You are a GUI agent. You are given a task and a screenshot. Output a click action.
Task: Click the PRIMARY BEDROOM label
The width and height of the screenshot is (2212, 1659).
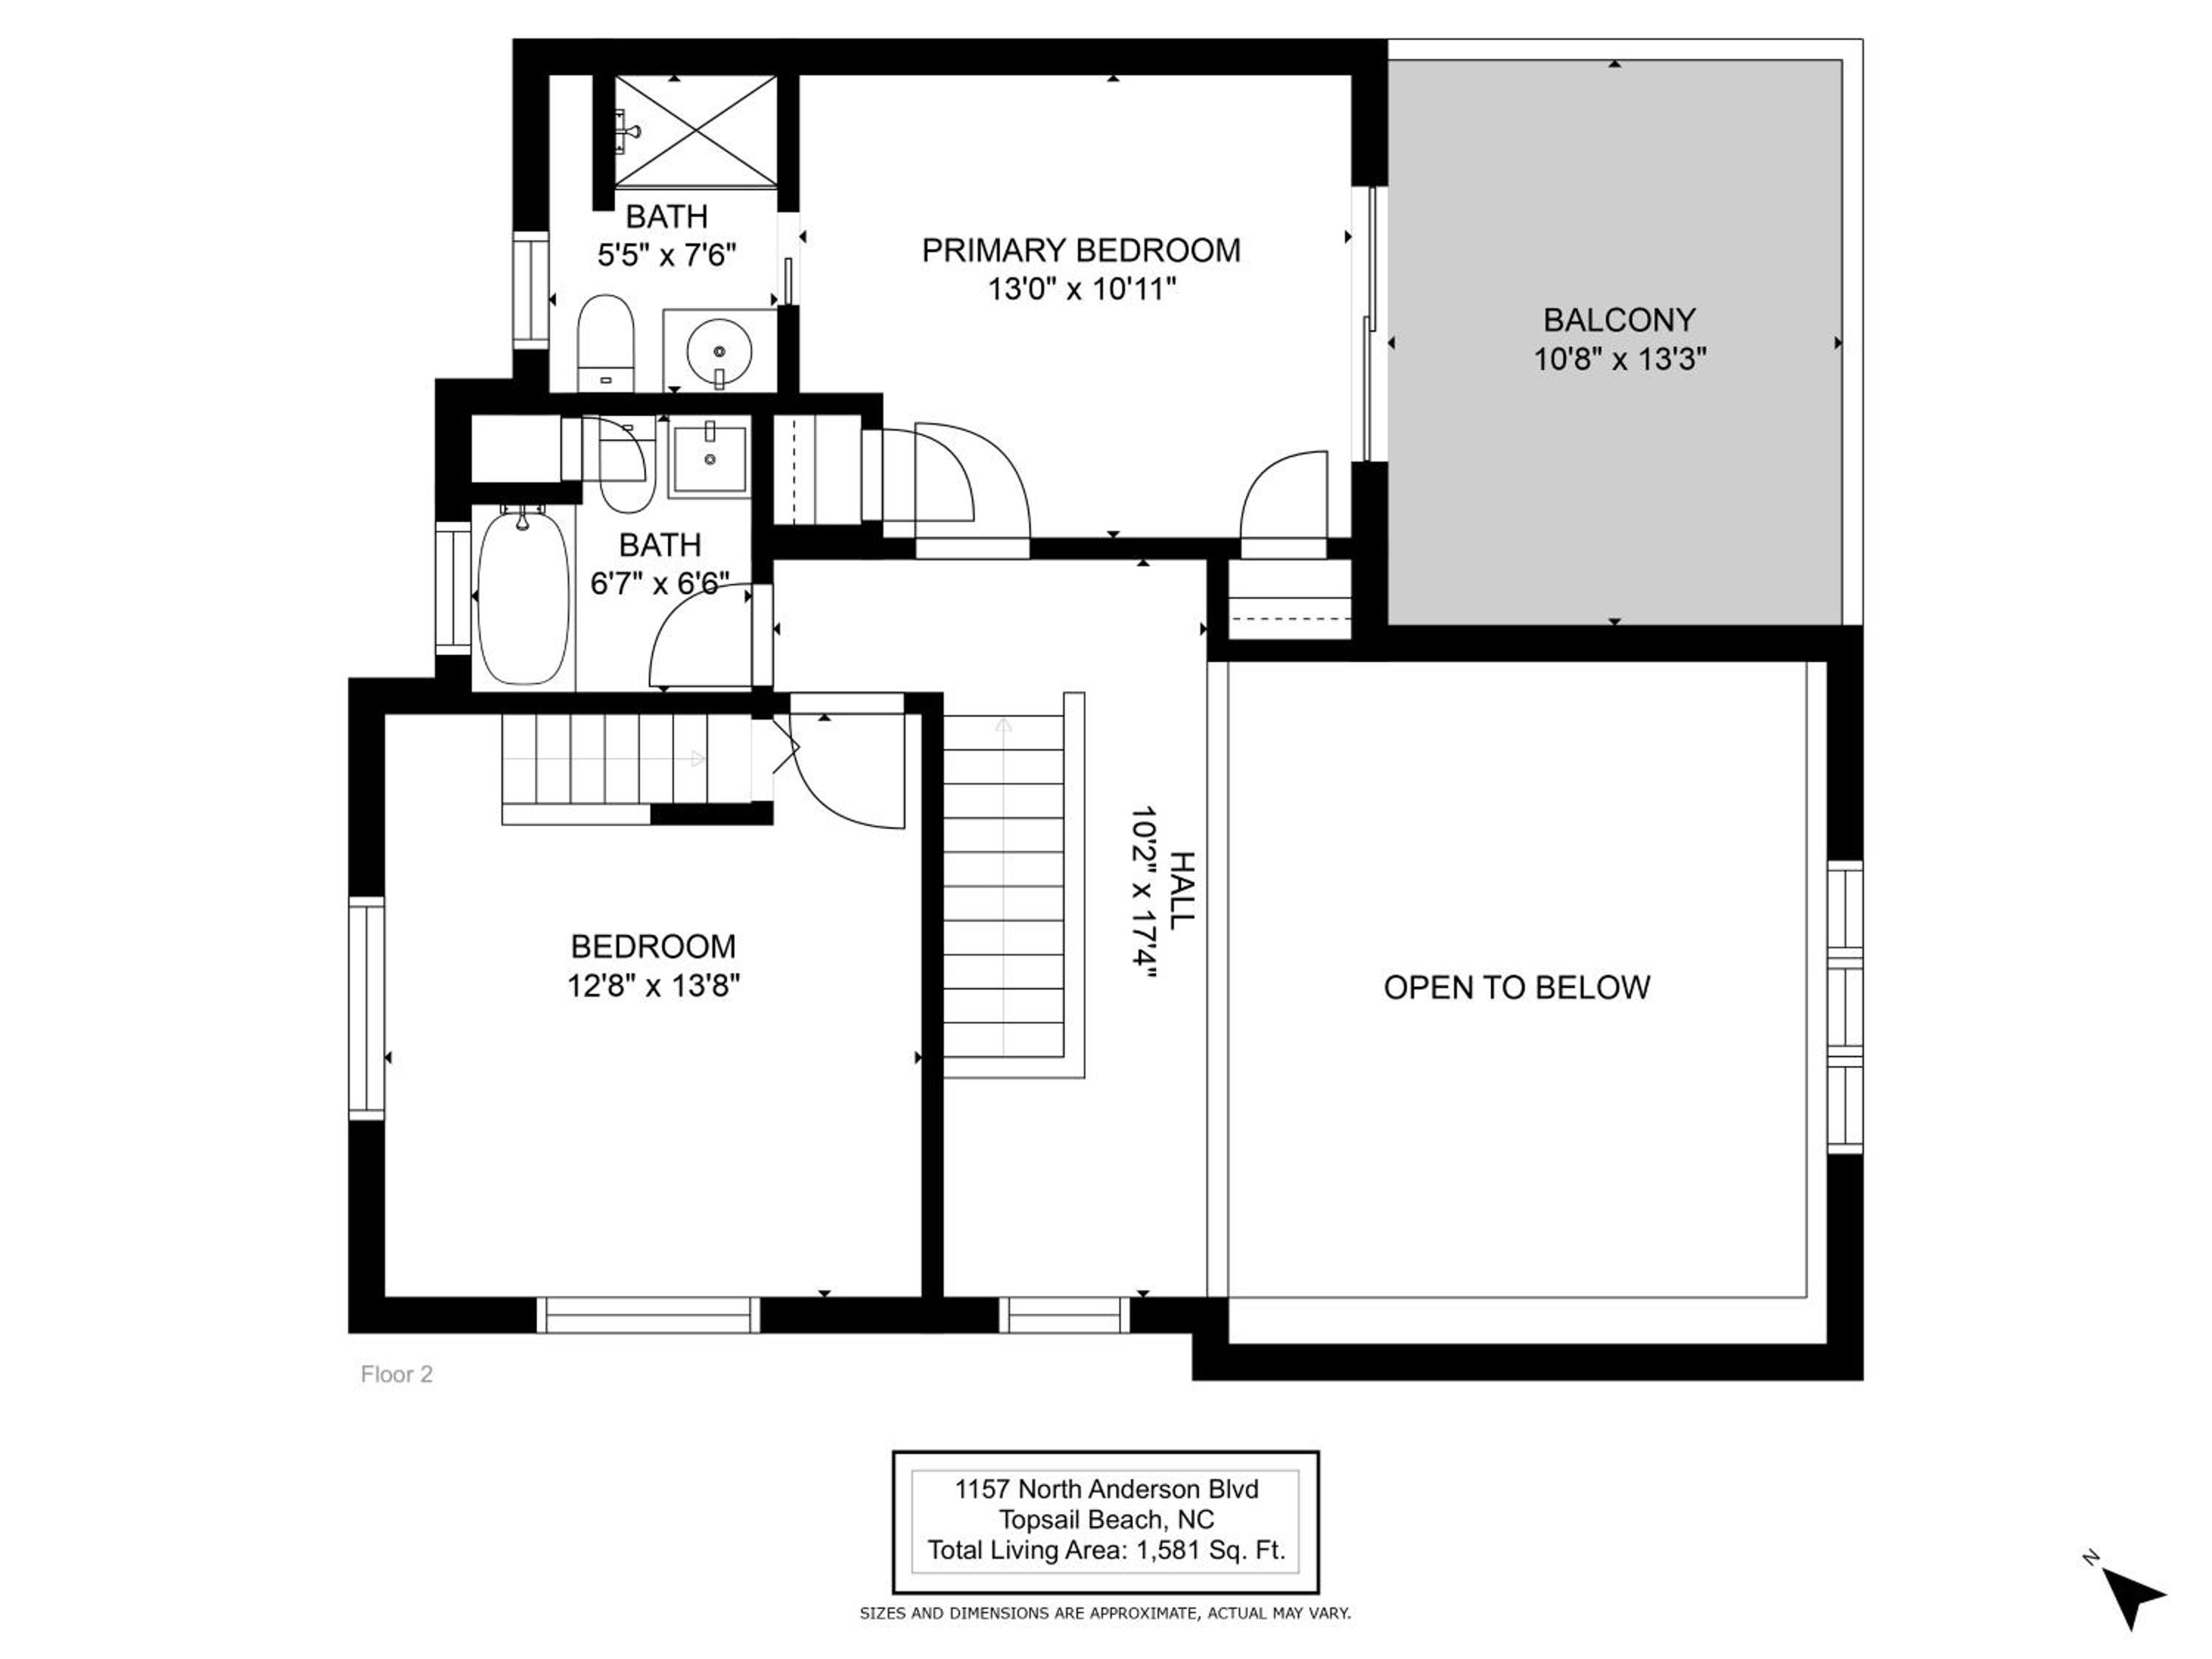1081,250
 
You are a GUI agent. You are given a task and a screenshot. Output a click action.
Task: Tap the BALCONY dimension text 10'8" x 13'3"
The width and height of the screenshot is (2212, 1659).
1620,359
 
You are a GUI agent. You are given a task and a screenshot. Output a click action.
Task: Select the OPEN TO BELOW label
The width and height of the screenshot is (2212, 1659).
1516,988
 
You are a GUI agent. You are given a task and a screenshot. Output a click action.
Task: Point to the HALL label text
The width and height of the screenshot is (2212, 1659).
1182,890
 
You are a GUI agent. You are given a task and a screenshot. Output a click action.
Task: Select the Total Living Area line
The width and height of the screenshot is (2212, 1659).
1105,1551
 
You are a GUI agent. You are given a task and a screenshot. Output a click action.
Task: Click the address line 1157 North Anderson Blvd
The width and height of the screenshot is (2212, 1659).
1106,1489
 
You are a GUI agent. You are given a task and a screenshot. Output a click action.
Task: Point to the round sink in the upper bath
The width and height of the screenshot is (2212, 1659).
719,351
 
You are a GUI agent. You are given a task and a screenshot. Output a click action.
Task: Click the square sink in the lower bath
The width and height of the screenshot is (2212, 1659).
710,458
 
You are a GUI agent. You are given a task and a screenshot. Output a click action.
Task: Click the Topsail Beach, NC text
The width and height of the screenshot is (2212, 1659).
1106,1520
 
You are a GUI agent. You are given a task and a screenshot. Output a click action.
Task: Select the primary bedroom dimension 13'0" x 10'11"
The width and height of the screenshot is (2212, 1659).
1081,290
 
